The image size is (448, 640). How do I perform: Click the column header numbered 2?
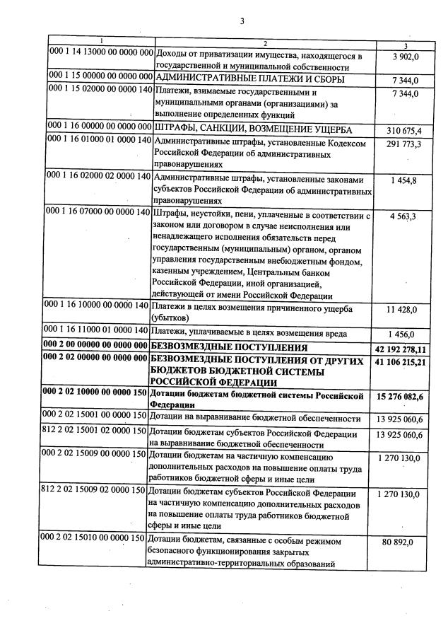pos(263,44)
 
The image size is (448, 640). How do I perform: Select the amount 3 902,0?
pos(405,56)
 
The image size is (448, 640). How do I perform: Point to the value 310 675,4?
pos(403,131)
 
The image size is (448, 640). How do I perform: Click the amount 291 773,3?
pos(403,144)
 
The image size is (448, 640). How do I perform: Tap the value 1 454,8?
pos(405,180)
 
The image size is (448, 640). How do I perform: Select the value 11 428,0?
pos(405,309)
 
